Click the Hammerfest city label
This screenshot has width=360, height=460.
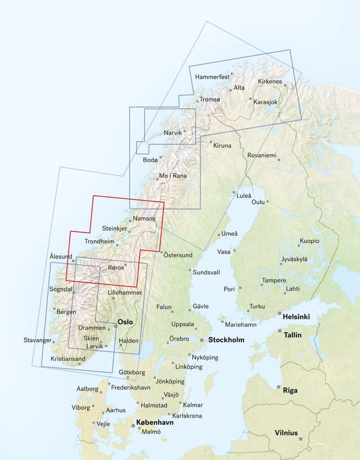click(x=212, y=77)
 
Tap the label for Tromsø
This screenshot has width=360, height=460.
click(x=209, y=99)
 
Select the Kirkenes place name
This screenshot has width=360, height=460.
click(x=270, y=81)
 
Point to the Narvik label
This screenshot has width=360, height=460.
click(x=173, y=133)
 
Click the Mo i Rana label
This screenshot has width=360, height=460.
click(x=172, y=176)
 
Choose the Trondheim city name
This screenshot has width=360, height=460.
click(x=99, y=241)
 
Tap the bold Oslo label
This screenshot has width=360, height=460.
click(x=125, y=322)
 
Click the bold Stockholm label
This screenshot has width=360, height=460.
click(x=226, y=340)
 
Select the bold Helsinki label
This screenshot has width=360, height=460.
click(x=296, y=317)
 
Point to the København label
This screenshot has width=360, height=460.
click(x=155, y=422)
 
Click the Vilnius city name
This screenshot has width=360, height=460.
click(x=286, y=433)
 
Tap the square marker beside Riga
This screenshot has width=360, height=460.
click(x=279, y=387)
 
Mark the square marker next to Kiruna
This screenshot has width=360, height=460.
click(x=210, y=142)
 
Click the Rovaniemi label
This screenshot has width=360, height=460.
click(x=261, y=155)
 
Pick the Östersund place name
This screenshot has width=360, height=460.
click(x=179, y=255)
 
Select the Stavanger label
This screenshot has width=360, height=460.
click(x=37, y=340)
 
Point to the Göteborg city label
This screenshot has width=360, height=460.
click(x=132, y=372)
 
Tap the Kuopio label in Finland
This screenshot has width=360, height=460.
click(x=309, y=241)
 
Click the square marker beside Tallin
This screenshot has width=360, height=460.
click(x=279, y=331)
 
